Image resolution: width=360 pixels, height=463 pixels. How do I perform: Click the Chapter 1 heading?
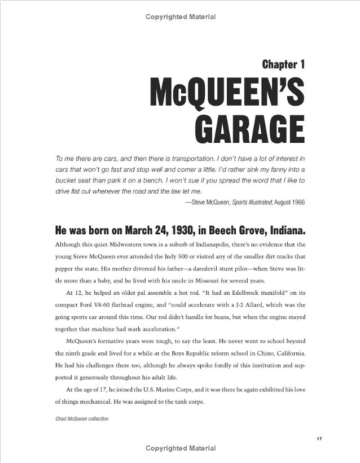pos(283,64)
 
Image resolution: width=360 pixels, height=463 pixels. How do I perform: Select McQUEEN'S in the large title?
pos(227,93)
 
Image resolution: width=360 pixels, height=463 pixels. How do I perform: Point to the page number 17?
pos(319,439)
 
